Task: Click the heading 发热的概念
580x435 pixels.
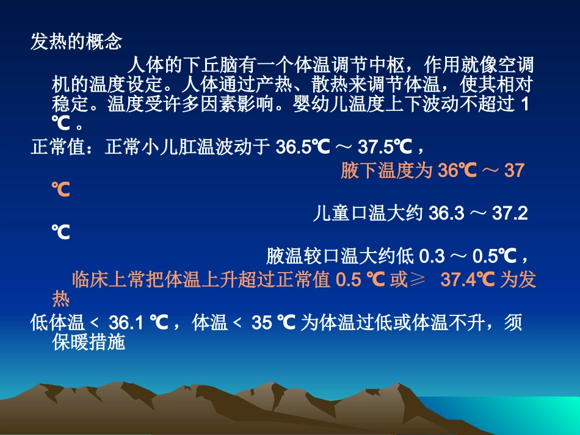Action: (76, 42)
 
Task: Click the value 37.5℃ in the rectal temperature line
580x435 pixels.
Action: (385, 147)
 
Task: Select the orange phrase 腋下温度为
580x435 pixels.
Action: (386, 171)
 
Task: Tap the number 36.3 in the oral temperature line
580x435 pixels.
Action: (448, 213)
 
